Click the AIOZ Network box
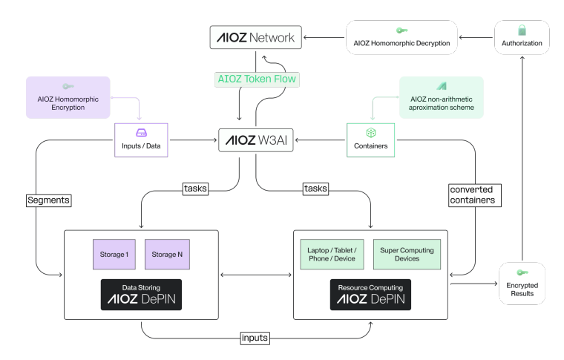(x=255, y=37)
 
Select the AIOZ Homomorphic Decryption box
(x=401, y=37)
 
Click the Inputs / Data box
(x=141, y=140)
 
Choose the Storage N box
(x=168, y=255)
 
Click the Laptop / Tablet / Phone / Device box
(x=330, y=255)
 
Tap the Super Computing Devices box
(x=407, y=255)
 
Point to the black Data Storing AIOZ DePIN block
(x=141, y=293)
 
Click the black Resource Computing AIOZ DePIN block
(x=370, y=293)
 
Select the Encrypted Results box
(x=523, y=284)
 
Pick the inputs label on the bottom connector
(x=255, y=338)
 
